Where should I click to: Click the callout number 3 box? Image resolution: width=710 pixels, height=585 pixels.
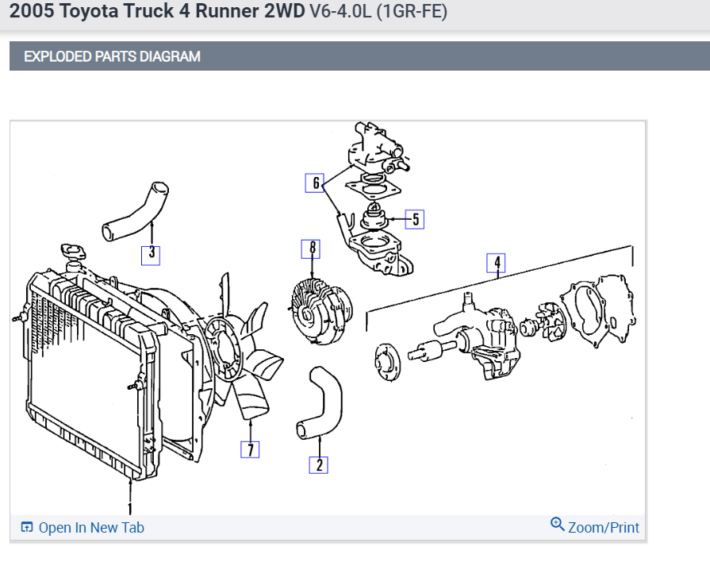[151, 254]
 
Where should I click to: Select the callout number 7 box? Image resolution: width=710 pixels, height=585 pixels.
[250, 450]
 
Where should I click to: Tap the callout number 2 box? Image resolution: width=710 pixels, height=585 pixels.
[319, 465]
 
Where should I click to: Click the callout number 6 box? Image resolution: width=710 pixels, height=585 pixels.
[316, 184]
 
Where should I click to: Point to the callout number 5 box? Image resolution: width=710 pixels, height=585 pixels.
[416, 219]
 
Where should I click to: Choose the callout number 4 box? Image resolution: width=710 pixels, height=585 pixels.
[497, 263]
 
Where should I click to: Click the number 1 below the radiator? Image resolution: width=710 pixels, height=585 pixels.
[130, 507]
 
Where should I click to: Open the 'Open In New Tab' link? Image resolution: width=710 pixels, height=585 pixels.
[90, 528]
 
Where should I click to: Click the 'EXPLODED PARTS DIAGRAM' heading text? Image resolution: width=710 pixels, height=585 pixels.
[112, 56]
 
